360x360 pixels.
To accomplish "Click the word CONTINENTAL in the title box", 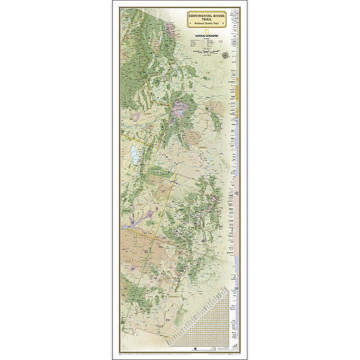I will tap(200, 16).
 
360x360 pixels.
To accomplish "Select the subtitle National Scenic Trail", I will tap(207, 23).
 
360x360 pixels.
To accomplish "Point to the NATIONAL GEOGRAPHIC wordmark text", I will tap(207, 36).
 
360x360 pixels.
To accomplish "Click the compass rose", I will tap(225, 55).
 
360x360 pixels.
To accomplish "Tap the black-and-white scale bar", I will tap(206, 51).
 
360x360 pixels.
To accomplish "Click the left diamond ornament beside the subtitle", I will tap(190, 23).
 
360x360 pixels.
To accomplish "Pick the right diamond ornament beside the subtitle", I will tap(223, 23).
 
